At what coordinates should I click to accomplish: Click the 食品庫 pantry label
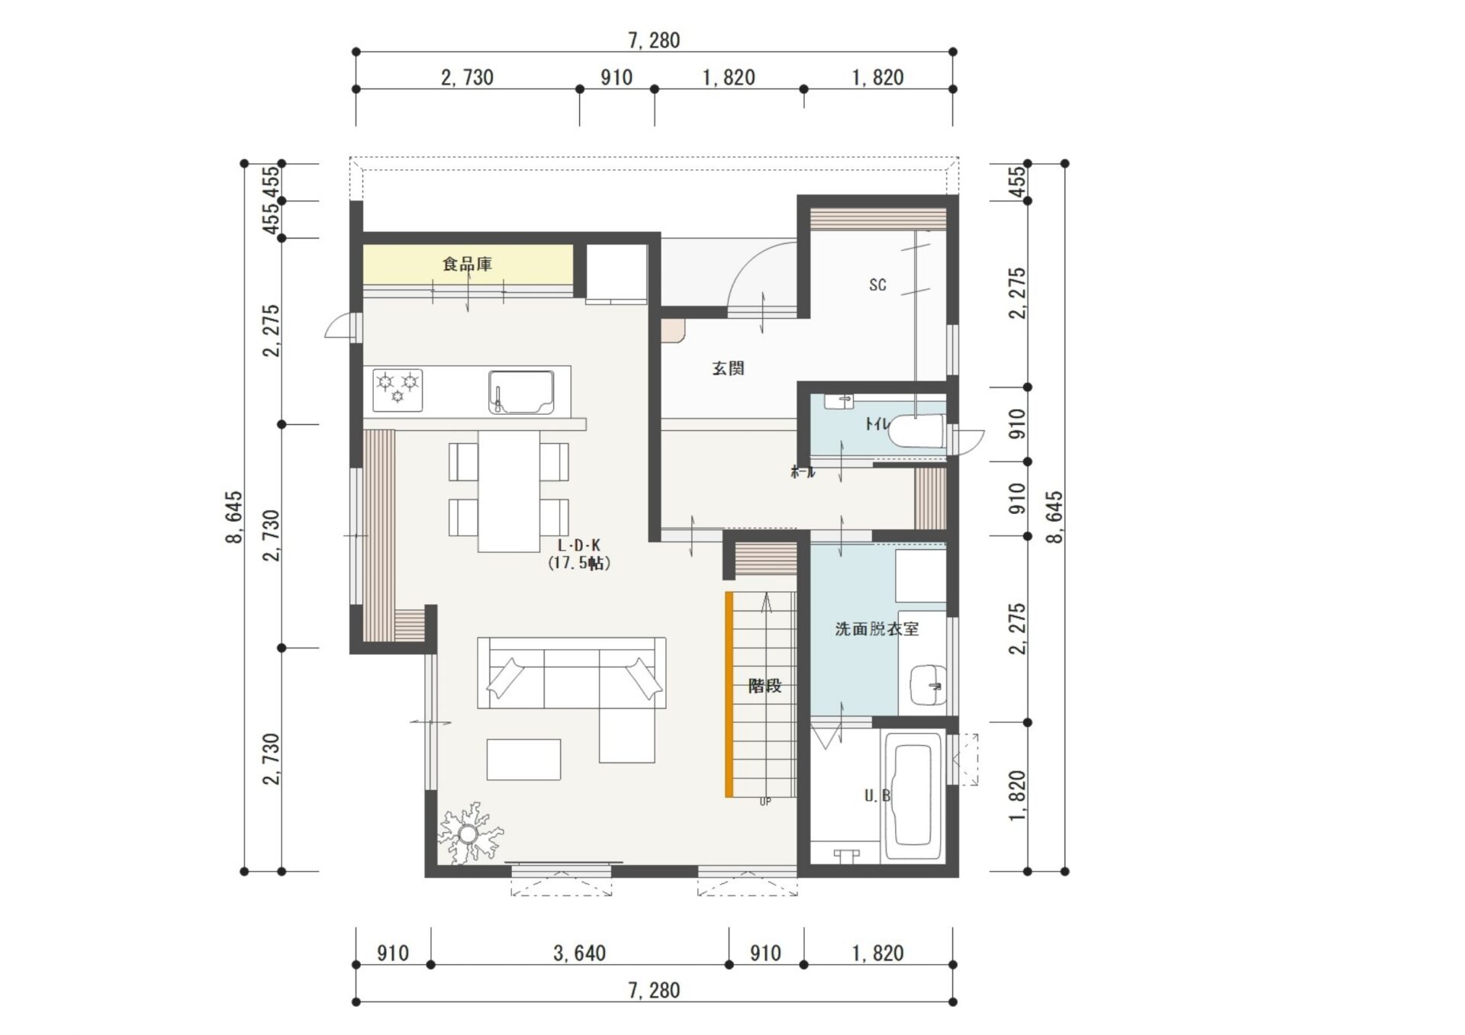pos(467,264)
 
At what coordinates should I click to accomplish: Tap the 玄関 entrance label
pos(728,368)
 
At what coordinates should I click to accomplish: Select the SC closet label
pos(877,285)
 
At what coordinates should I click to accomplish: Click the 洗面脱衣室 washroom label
pos(877,629)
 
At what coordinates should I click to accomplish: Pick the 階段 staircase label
pos(765,686)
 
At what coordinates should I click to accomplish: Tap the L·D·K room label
pos(579,545)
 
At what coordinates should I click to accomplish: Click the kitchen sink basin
pos(521,392)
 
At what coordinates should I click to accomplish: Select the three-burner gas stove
pos(398,389)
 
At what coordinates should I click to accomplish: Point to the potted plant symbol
pos(469,833)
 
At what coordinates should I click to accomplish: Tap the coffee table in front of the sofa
pos(523,760)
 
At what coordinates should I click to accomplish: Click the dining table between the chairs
pos(509,490)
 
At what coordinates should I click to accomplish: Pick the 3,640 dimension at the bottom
pos(579,953)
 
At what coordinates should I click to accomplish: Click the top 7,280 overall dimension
pos(654,40)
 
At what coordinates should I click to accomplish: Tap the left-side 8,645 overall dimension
pos(234,517)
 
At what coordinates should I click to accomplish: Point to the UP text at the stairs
pos(765,802)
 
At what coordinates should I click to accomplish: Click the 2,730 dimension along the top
pos(467,77)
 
